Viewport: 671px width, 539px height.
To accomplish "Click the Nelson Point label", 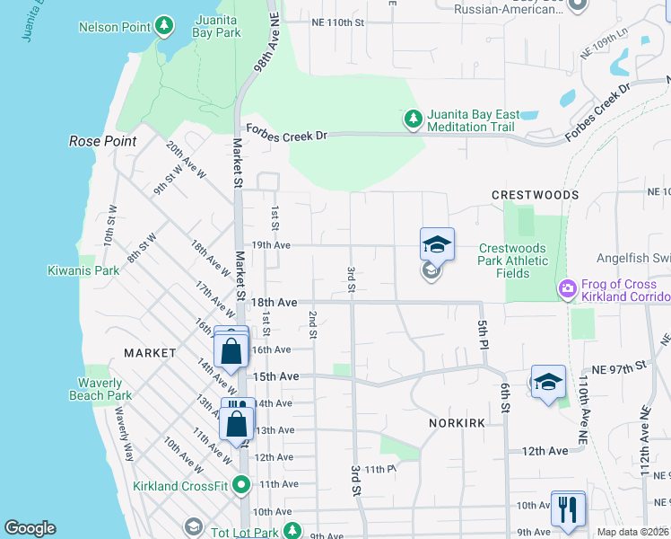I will (x=112, y=27).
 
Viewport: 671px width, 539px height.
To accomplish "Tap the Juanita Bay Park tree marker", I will (x=164, y=25).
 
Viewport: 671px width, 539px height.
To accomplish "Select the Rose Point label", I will (x=103, y=141).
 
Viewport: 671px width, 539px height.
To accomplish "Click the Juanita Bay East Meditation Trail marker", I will (x=413, y=119).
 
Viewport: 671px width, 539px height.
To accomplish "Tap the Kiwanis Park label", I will (x=83, y=270).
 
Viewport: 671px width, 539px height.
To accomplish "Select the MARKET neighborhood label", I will (x=150, y=353).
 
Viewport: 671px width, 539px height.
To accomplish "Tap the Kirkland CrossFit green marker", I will (x=241, y=485).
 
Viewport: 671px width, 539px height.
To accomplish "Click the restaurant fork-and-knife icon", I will (x=567, y=509).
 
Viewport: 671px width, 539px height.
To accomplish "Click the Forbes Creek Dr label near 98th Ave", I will (x=287, y=136).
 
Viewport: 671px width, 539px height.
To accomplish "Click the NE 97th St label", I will (x=622, y=367).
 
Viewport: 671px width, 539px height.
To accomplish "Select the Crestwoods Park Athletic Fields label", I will (x=514, y=261).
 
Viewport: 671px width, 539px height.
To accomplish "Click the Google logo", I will (x=30, y=528).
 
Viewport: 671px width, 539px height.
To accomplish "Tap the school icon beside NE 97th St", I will (x=548, y=382).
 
